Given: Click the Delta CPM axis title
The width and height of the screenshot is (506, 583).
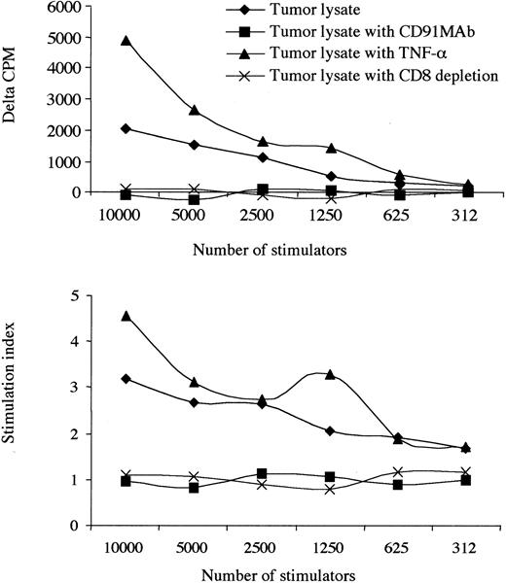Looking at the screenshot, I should coord(14,97).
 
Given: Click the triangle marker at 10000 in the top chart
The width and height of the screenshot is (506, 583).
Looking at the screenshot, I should coord(126,42).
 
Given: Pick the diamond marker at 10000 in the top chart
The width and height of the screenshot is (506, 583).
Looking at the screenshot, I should coord(126,128).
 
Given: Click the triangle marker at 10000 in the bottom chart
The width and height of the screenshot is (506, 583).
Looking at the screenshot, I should coord(126,316).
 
